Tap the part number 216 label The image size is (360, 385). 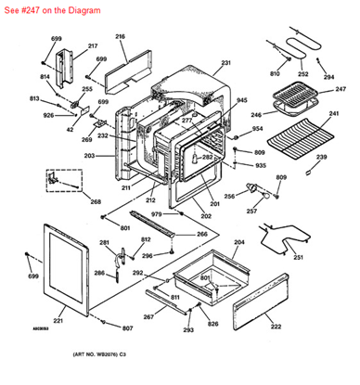[x=120, y=36]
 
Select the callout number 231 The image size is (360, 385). [x=225, y=63]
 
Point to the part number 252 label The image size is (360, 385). [x=302, y=73]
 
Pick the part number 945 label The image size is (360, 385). [x=241, y=100]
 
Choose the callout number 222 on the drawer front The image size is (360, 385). [x=275, y=327]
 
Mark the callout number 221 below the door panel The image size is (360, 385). [x=58, y=321]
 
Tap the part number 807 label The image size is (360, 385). [x=127, y=328]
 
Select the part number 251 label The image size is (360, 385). [x=298, y=257]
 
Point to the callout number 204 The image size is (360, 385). [x=238, y=241]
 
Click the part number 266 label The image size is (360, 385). [x=201, y=234]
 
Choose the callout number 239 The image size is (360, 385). [x=321, y=158]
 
